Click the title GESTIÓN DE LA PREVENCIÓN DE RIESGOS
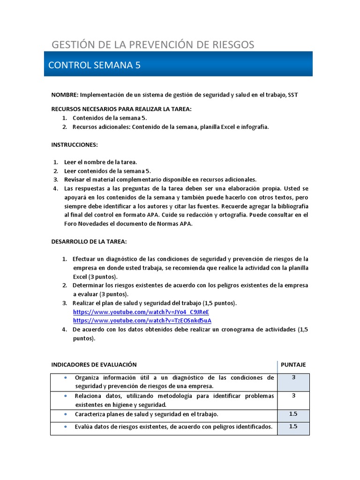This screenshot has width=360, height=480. click(x=153, y=45)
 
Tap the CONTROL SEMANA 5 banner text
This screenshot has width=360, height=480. click(x=94, y=65)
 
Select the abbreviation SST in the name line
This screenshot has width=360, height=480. click(x=293, y=95)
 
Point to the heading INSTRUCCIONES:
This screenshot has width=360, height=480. click(x=75, y=145)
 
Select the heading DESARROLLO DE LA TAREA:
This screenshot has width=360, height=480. click(x=89, y=241)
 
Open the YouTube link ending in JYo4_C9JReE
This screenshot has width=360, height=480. click(x=141, y=312)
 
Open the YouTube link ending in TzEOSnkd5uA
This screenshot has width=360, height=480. click(x=142, y=321)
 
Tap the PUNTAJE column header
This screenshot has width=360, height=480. click(x=293, y=365)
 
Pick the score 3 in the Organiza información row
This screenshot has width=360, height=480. click(x=293, y=377)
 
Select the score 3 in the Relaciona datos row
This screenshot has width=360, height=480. click(x=293, y=396)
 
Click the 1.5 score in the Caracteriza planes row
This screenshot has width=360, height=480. click(x=293, y=414)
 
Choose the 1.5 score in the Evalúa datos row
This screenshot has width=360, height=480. click(x=293, y=427)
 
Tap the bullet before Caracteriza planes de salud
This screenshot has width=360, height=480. click(x=65, y=414)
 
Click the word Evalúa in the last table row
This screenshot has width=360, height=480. click(x=84, y=427)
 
